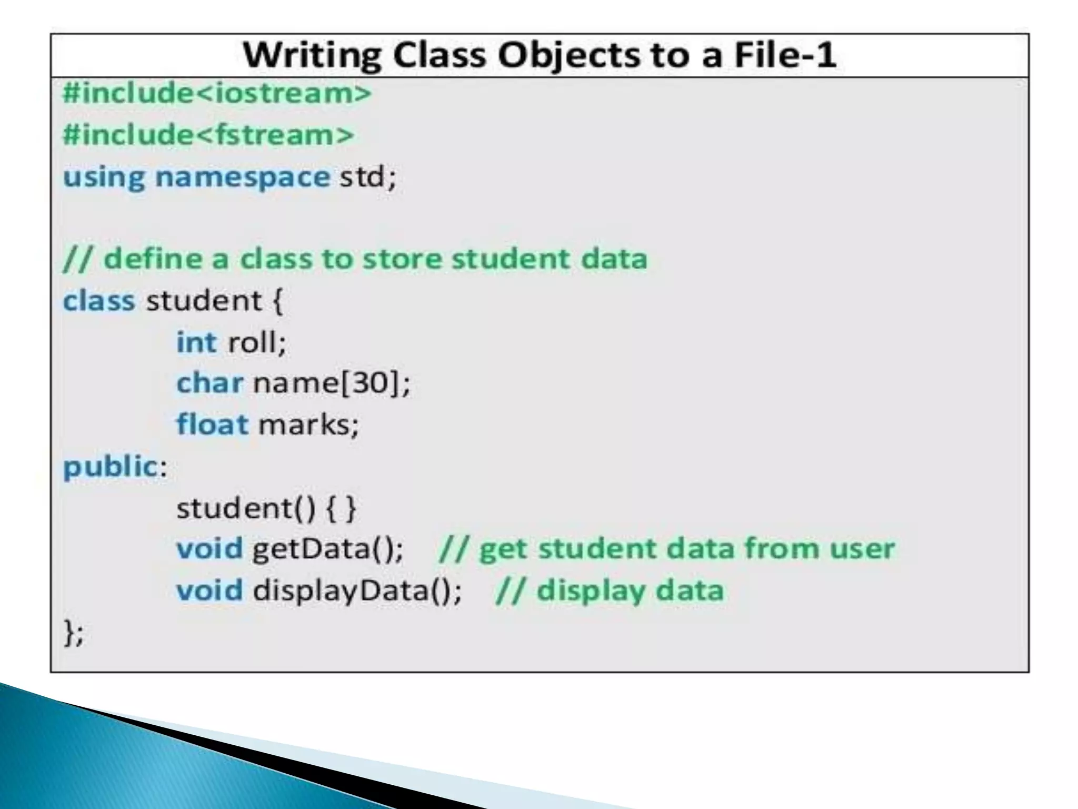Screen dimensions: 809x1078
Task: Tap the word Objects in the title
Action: click(568, 55)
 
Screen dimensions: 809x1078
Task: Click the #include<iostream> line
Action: click(217, 93)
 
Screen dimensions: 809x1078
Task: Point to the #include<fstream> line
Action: click(208, 134)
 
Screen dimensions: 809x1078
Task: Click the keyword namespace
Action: click(243, 176)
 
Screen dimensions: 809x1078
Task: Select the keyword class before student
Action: click(99, 301)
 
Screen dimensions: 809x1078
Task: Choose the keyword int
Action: click(196, 342)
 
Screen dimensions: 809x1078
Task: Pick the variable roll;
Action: click(257, 342)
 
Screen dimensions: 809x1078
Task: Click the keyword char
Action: click(209, 383)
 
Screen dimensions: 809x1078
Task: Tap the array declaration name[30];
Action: click(331, 383)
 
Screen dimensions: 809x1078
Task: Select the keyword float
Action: click(212, 424)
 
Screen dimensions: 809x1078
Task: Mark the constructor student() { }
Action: click(266, 508)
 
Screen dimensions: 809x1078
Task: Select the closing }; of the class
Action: click(73, 632)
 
